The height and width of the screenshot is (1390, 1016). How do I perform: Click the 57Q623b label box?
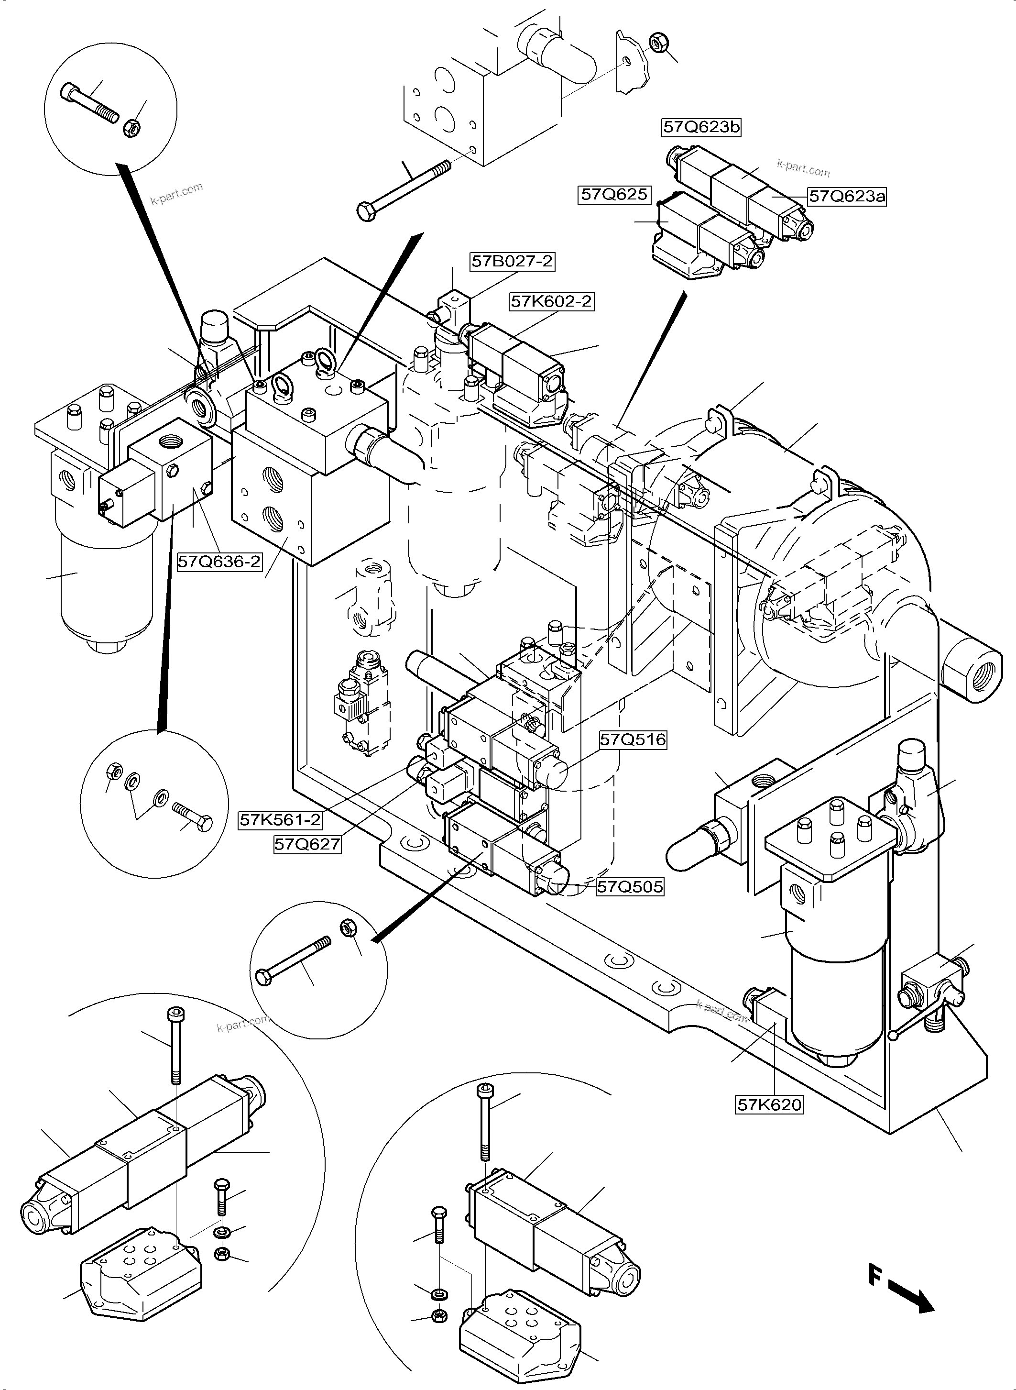[701, 127]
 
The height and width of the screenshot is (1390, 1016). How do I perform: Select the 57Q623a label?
[847, 196]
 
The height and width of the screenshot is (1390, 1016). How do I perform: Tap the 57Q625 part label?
[614, 195]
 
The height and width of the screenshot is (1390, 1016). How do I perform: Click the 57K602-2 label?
[552, 301]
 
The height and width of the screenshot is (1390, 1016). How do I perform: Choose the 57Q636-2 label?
[219, 561]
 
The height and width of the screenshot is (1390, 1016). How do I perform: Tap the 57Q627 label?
[307, 844]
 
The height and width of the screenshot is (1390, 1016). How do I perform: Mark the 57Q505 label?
[630, 887]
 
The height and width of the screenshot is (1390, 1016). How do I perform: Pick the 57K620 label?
[769, 1104]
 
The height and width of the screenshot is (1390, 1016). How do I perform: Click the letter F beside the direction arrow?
[874, 1274]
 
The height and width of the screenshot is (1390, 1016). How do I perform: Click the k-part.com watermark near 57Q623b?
[803, 167]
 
